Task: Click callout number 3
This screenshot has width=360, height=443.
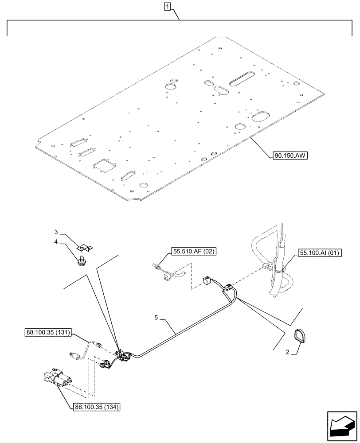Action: [56, 232]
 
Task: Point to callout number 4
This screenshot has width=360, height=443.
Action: [56, 242]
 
